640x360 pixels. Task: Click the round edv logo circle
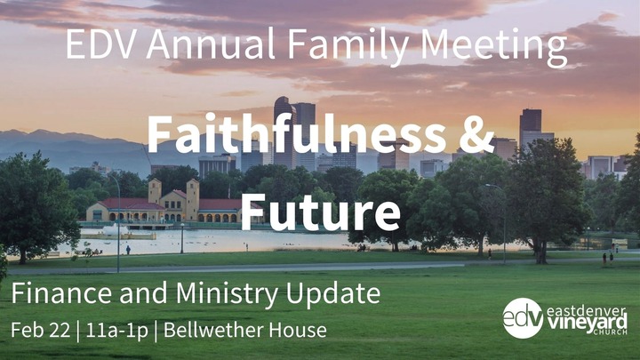[x=523, y=318]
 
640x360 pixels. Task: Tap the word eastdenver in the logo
[x=586, y=311]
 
